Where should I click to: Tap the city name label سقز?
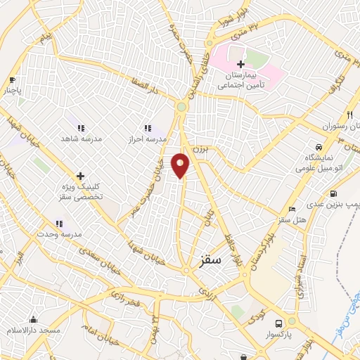[x=209, y=259]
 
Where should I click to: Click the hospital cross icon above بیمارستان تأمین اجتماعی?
[x=241, y=64]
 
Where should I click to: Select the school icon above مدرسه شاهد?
[x=81, y=128]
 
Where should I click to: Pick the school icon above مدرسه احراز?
[x=148, y=128]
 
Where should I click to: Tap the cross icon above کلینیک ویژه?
[x=80, y=176]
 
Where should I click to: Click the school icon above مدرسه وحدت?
[x=59, y=224]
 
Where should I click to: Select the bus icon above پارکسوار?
[x=278, y=323]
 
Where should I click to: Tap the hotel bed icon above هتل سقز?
[x=292, y=210]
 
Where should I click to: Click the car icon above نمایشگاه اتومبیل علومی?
[x=319, y=147]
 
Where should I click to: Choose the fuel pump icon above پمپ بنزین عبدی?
[x=333, y=194]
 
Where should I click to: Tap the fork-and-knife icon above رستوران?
[x=349, y=115]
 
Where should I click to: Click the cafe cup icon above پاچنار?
[x=12, y=79]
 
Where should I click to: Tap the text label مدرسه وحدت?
[x=60, y=233]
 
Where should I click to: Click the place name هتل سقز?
[x=292, y=220]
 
